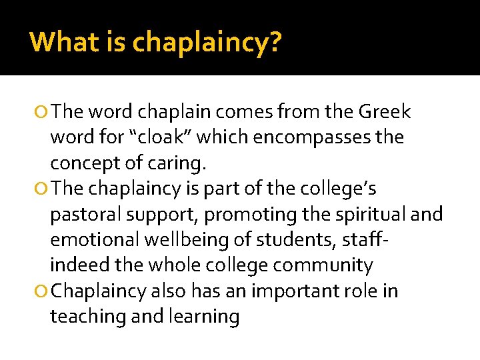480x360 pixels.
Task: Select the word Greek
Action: [385, 111]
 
